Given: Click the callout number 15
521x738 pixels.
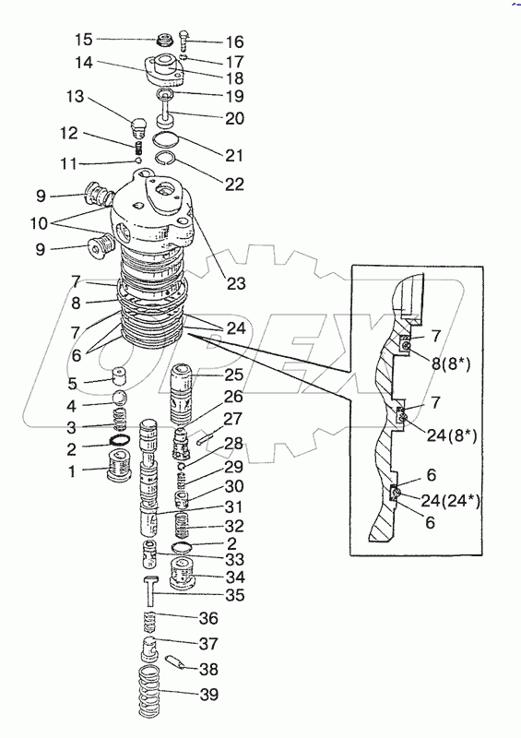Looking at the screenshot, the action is point(84,40).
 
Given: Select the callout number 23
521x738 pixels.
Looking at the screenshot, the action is point(236,283).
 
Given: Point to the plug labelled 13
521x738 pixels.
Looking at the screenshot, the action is point(138,126).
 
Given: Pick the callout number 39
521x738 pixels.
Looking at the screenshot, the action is point(208,694).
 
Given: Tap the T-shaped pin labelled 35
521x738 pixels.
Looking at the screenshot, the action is point(150,590).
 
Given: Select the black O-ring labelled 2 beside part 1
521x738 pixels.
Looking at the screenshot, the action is point(119,441).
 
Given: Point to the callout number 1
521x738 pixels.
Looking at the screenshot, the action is point(72,471).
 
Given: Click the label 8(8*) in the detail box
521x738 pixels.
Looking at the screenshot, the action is point(450,363).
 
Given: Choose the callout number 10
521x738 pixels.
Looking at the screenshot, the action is point(39,223).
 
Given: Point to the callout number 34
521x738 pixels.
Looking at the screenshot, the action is point(235,577).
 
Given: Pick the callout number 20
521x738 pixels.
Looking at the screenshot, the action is point(235,118).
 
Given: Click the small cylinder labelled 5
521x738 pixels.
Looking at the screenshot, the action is point(121,375).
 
